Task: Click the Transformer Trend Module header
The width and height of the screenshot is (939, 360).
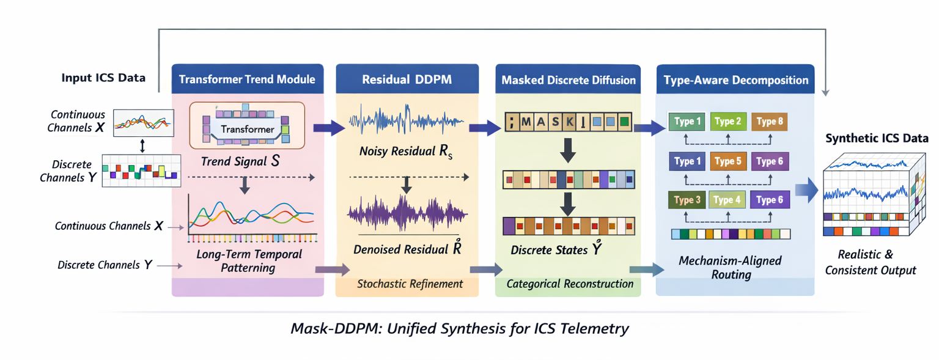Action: pos(247,79)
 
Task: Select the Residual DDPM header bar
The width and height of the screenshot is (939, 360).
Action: pos(407,79)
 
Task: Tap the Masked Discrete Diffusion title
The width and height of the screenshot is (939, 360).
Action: pos(568,80)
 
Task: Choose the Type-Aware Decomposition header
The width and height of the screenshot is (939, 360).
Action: pos(735,80)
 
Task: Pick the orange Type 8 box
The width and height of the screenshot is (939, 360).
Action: pos(769,122)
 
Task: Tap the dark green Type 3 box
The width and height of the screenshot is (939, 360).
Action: pos(687,200)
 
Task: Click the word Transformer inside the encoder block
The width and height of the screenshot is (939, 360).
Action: pos(247,129)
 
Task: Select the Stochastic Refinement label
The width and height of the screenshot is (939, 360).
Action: pos(410,284)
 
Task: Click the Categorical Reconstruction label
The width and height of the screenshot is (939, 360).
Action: pos(570,284)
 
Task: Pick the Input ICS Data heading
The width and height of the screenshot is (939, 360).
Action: pos(103,78)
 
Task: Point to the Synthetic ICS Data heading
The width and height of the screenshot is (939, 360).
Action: pos(876,138)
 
